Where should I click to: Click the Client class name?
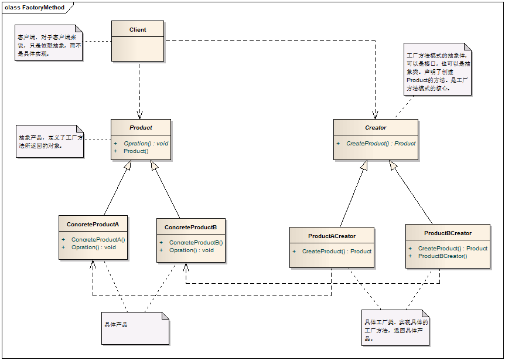pos(138,30)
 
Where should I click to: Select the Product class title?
pos(141,127)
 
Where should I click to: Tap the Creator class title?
pos(376,127)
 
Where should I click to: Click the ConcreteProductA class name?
pos(93,225)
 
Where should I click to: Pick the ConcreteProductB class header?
pos(190,227)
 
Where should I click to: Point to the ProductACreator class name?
pos(332,236)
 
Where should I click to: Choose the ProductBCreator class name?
pos(448,233)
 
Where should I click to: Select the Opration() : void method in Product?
pos(146,143)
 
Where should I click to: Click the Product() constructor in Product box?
pos(136,151)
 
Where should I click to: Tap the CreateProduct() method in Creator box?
pos(380,143)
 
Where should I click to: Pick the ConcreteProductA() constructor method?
pos(98,239)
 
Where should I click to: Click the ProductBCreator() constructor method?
pos(442,256)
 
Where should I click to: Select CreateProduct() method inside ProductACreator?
pos(336,251)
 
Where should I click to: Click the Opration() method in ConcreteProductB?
pos(191,250)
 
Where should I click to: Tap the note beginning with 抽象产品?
pos(49,141)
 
